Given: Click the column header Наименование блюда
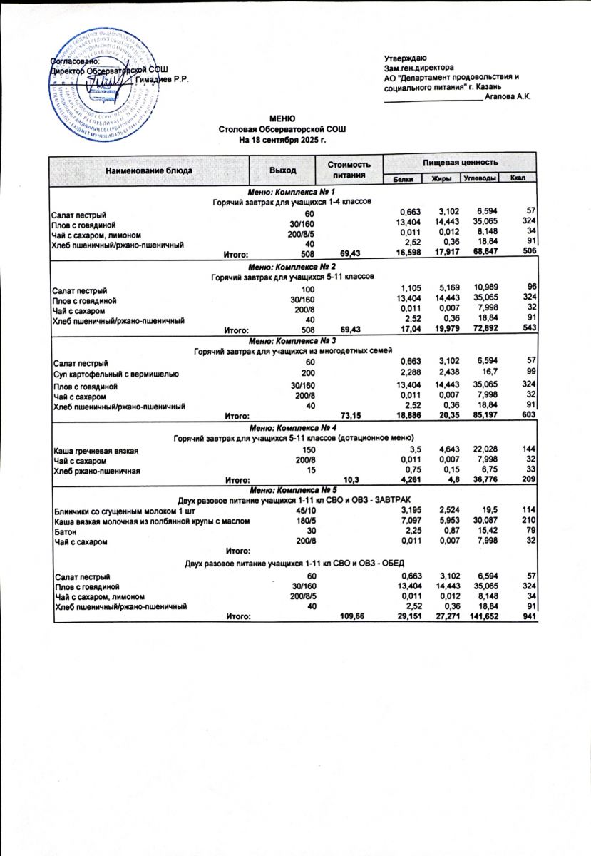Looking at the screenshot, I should tap(148, 170).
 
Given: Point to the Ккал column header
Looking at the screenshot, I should tap(518, 178).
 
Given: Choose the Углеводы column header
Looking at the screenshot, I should tap(479, 178).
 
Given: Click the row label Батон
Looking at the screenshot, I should tap(66, 531).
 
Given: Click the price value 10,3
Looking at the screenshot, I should tap(351, 480).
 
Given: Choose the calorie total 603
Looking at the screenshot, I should tap(528, 415).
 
